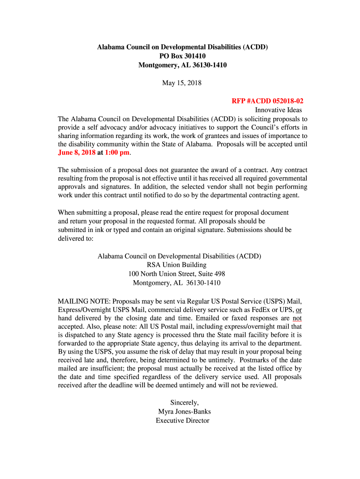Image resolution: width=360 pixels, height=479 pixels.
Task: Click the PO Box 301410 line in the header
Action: [x=182, y=56]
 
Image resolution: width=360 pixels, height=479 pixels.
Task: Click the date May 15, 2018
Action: [x=182, y=83]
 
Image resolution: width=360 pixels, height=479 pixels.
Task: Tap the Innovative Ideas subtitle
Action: [x=278, y=110]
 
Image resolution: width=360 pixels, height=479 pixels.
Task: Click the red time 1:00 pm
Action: [x=117, y=153]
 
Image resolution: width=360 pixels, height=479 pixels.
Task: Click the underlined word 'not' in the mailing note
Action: [x=297, y=318]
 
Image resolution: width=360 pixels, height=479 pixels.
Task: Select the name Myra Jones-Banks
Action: [x=184, y=412]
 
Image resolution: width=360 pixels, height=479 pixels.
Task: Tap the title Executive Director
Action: [x=182, y=421]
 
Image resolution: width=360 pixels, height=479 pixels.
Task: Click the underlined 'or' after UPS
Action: [x=299, y=309]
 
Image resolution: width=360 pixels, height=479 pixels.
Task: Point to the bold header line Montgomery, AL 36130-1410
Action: [x=182, y=65]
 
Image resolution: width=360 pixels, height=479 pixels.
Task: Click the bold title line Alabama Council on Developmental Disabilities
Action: [x=182, y=47]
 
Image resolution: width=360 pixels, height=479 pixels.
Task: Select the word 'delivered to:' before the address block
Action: [x=76, y=239]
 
